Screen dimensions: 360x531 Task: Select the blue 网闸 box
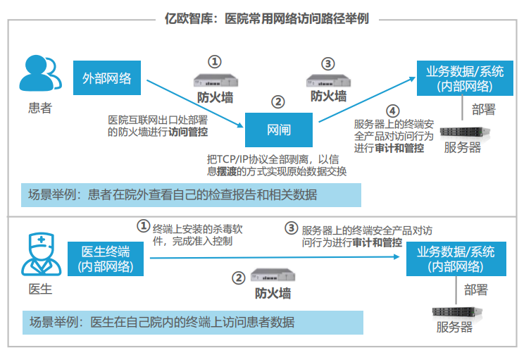pyautogui.click(x=279, y=130)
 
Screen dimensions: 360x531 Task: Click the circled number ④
pyautogui.click(x=392, y=111)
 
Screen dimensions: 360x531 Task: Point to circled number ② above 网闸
pyautogui.click(x=278, y=101)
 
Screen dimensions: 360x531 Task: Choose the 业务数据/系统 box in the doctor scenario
pyautogui.click(x=456, y=259)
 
